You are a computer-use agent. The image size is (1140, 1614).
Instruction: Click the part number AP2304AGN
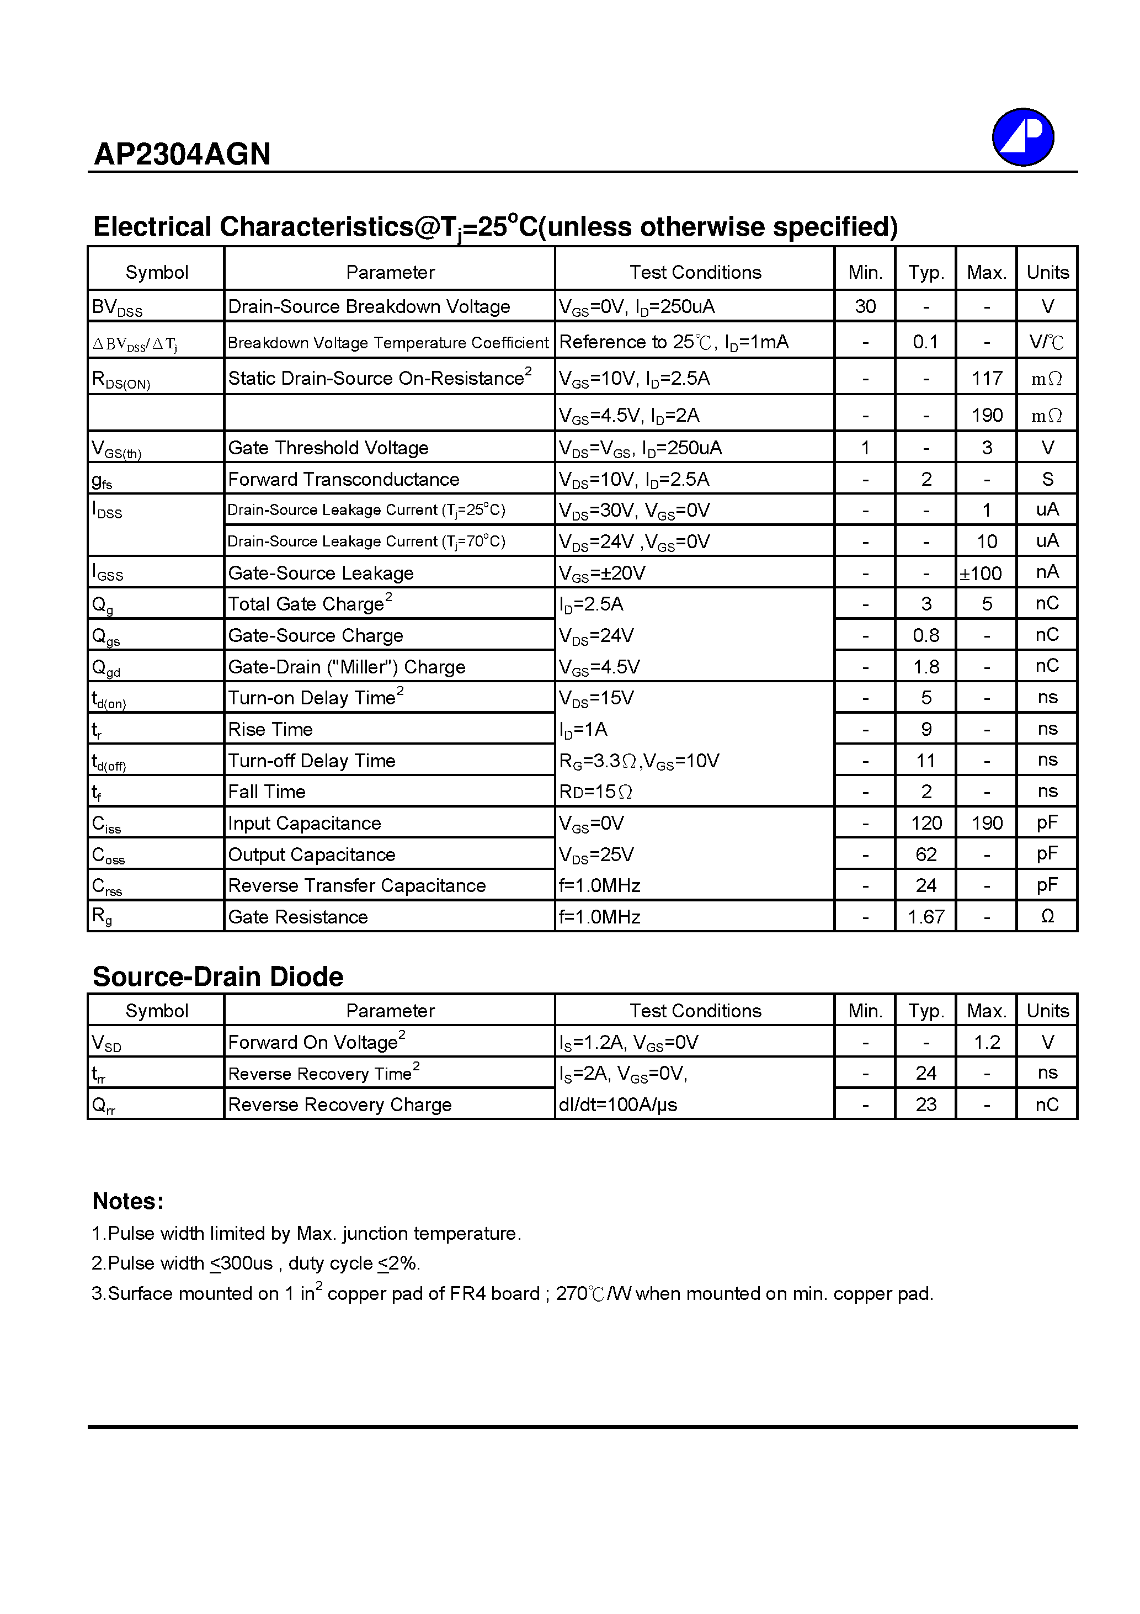[182, 154]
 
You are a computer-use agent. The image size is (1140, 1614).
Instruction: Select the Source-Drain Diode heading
[218, 976]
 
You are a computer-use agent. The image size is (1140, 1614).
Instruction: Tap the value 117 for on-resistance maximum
[986, 378]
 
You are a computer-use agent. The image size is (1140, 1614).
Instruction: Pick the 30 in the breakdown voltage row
[865, 306]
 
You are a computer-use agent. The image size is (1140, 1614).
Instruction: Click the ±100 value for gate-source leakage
[981, 573]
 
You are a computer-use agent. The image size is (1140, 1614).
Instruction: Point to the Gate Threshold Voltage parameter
[328, 448]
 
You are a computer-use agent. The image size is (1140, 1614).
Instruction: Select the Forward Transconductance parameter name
[344, 480]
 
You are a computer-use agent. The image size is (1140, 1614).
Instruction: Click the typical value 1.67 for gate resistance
[926, 917]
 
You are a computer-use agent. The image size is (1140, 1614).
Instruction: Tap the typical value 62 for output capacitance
[926, 854]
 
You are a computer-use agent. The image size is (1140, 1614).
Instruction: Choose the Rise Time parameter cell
[270, 730]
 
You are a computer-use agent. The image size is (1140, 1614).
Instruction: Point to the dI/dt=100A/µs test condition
[618, 1105]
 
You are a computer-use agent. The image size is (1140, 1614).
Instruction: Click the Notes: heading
[128, 1201]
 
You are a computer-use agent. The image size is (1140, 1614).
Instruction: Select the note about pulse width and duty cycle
[256, 1264]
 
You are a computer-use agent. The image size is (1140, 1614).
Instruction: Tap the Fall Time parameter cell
[267, 792]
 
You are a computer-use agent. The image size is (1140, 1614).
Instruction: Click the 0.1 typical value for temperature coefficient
[926, 342]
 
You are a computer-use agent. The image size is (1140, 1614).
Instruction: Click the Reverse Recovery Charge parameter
[339, 1105]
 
